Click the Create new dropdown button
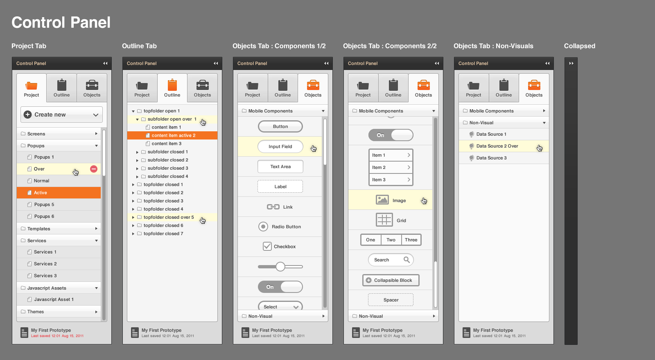[x=61, y=115]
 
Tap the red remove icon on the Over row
[x=94, y=169]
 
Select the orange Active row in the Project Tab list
[x=59, y=193]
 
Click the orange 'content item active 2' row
[x=172, y=135]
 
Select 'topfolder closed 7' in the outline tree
[x=163, y=234]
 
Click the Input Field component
[x=280, y=146]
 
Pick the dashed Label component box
[x=280, y=187]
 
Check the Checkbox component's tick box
[x=267, y=246]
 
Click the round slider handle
[x=280, y=266]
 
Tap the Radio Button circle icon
[x=263, y=227]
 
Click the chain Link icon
[x=273, y=207]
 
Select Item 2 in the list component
[x=391, y=167]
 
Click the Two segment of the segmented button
[x=391, y=240]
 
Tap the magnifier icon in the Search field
[x=407, y=260]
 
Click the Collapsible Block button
[x=391, y=280]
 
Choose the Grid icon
[x=384, y=220]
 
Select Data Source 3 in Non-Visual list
[x=491, y=158]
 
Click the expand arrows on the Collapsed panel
[x=571, y=63]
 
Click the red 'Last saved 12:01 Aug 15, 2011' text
[x=57, y=336]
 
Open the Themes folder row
[x=59, y=311]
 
